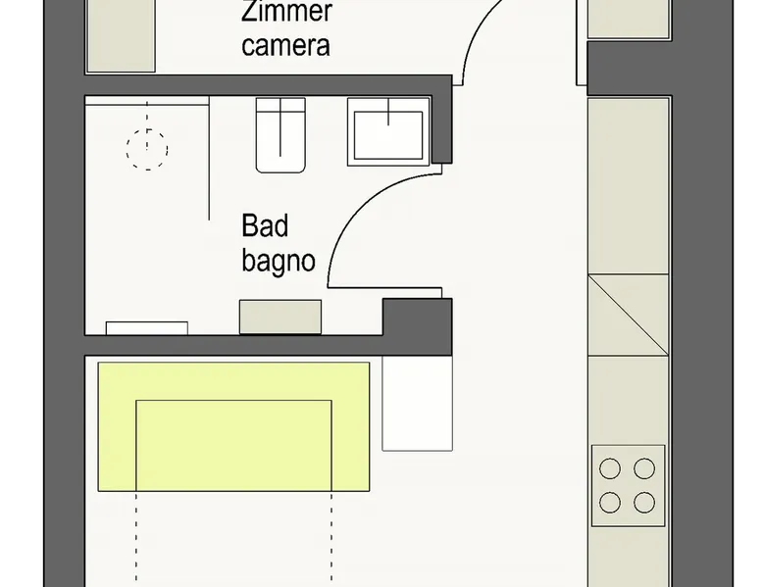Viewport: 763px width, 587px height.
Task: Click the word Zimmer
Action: pyautogui.click(x=286, y=11)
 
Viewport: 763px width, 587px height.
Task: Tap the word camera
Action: pyautogui.click(x=285, y=45)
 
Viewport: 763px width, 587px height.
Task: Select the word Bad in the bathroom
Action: pyautogui.click(x=265, y=225)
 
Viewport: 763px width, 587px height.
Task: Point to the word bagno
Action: pyautogui.click(x=279, y=262)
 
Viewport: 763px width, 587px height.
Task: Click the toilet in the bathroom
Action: pyautogui.click(x=280, y=134)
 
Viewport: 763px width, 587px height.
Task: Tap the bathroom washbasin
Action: pyautogui.click(x=388, y=131)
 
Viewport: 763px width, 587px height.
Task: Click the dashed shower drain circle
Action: pyautogui.click(x=147, y=150)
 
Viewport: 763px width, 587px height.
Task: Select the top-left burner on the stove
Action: pyautogui.click(x=610, y=468)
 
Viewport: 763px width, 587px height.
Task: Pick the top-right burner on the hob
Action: pyautogui.click(x=644, y=468)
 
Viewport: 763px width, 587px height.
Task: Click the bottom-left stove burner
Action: pyautogui.click(x=610, y=503)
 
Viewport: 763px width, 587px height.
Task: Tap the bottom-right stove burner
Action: pyautogui.click(x=644, y=503)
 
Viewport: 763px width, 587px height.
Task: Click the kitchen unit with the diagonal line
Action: pyautogui.click(x=629, y=316)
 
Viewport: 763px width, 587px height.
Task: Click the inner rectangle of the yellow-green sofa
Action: pyautogui.click(x=233, y=446)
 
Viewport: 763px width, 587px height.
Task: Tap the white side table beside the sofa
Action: pyautogui.click(x=417, y=404)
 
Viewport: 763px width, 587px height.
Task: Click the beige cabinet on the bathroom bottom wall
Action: pyautogui.click(x=280, y=318)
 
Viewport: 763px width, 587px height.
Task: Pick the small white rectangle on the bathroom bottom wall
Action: pyautogui.click(x=147, y=328)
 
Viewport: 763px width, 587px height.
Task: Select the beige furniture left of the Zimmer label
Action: pyautogui.click(x=122, y=36)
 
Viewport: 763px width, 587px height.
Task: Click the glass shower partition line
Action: pyautogui.click(x=209, y=158)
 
